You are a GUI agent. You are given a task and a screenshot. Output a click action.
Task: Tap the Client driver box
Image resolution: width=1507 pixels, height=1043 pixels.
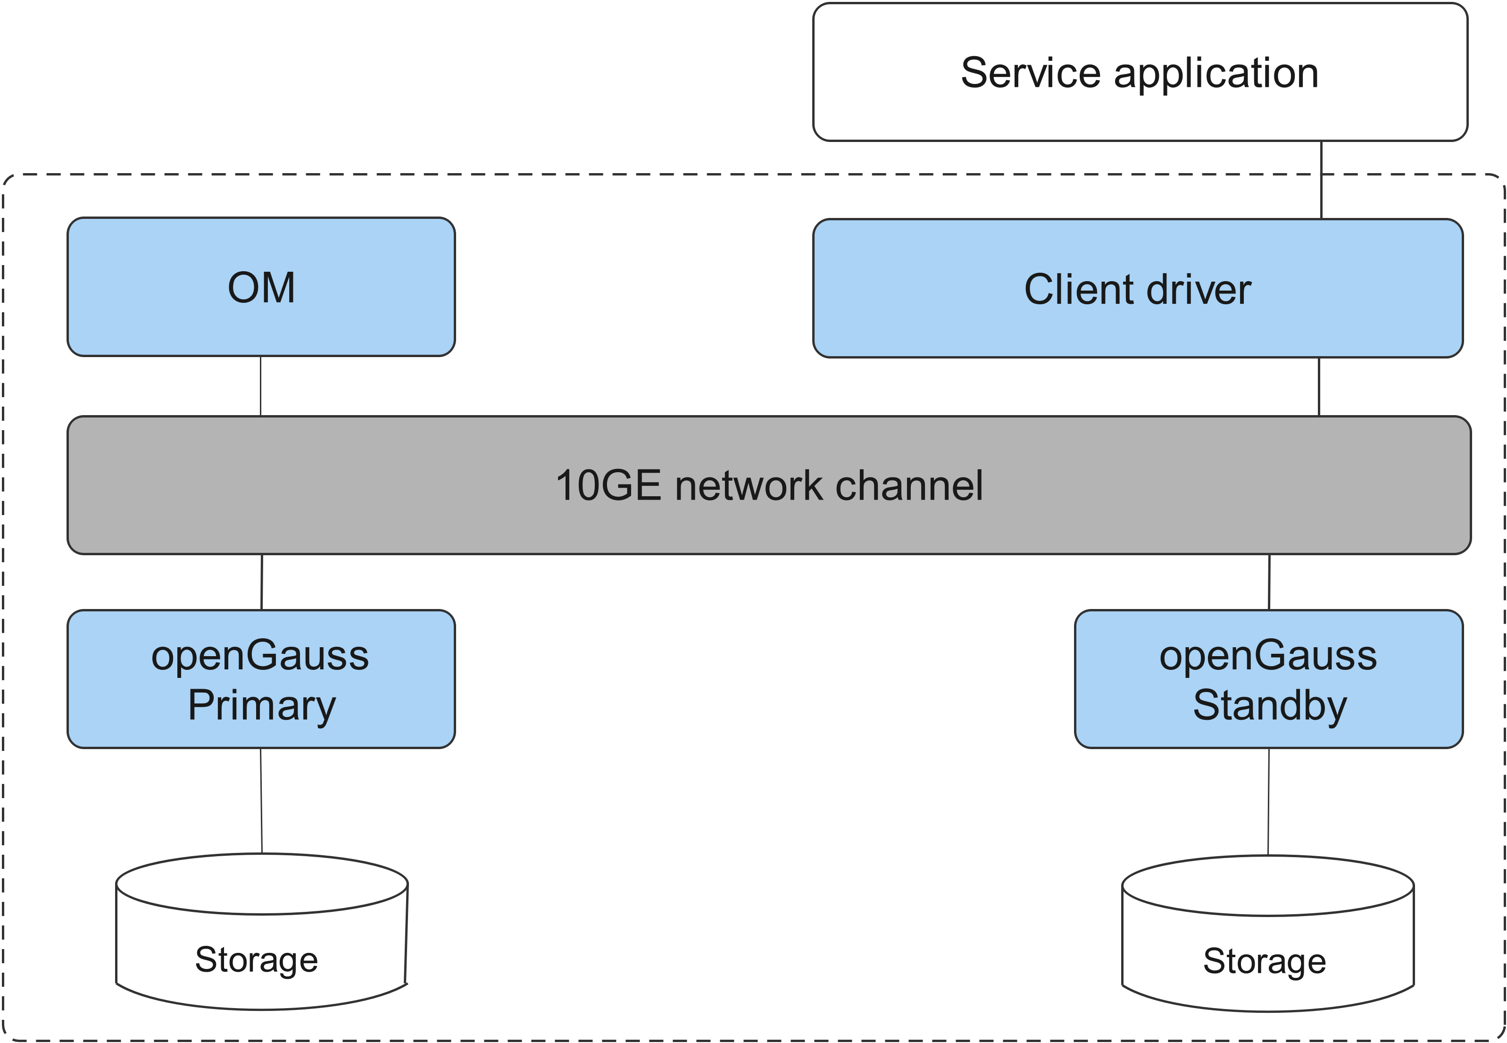pos(1137,288)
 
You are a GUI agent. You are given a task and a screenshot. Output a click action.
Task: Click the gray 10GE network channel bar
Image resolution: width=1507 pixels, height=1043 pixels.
pos(769,485)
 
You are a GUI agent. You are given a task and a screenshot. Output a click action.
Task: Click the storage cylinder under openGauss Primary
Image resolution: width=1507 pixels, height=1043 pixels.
pos(261,935)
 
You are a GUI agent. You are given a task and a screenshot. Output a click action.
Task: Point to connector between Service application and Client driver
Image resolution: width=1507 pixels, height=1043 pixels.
pos(1322,180)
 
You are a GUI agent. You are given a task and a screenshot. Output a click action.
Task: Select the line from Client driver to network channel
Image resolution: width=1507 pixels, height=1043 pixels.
pos(1319,386)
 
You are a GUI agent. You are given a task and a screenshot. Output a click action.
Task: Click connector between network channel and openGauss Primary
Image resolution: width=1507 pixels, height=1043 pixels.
pos(262,582)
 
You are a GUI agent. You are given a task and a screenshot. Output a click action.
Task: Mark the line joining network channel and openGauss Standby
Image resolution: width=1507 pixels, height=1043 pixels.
pos(1269,582)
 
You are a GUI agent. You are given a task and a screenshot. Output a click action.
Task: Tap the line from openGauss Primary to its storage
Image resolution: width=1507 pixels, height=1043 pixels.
pos(261,801)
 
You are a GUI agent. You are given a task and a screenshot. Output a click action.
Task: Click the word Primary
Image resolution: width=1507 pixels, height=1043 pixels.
pos(262,706)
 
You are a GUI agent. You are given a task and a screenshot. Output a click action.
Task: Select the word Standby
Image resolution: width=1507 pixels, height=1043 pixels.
pos(1269,706)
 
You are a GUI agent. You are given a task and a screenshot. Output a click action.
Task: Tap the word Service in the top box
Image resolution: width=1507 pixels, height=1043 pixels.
pos(1030,73)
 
